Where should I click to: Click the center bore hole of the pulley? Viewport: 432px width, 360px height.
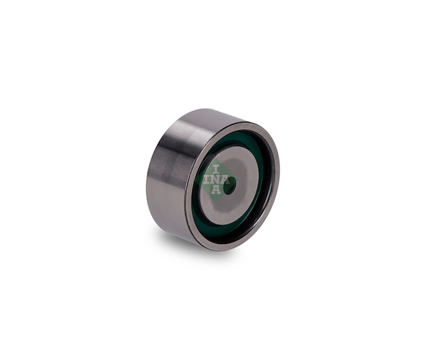(x=229, y=186)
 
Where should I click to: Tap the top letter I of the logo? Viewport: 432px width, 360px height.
(x=216, y=169)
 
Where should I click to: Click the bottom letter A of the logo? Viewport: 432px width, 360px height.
(x=216, y=190)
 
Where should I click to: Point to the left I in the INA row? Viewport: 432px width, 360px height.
(x=207, y=179)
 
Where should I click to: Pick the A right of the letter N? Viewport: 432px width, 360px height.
(x=225, y=179)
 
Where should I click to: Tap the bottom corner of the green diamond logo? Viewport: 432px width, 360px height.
(x=217, y=203)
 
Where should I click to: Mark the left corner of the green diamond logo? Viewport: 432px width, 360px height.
(x=195, y=181)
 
